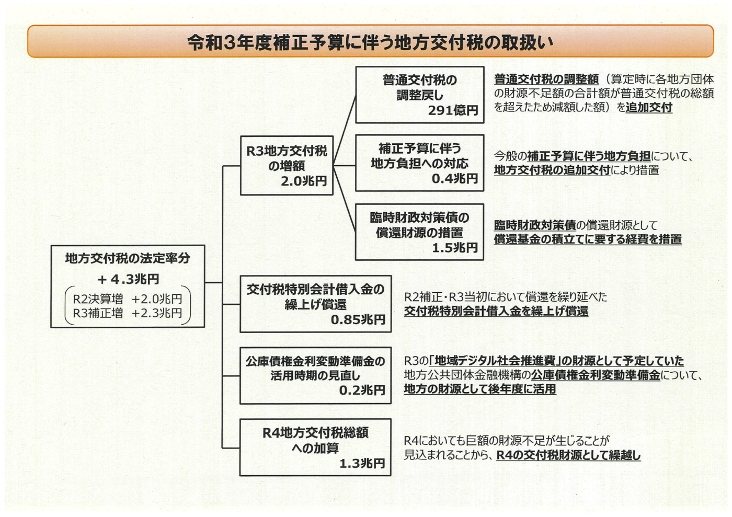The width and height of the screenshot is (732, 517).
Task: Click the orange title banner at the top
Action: coord(370,41)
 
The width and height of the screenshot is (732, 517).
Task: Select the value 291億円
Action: coord(453,110)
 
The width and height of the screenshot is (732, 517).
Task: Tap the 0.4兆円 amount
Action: coord(454,178)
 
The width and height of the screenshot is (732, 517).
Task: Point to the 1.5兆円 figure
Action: coord(454,248)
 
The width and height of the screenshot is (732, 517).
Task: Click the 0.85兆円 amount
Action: coord(358,319)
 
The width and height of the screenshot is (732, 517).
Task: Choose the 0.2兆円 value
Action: coord(362,390)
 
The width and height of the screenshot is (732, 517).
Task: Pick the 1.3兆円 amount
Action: coord(362,463)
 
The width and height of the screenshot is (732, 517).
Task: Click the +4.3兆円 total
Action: coord(128,279)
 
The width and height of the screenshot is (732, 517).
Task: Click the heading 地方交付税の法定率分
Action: coord(128,258)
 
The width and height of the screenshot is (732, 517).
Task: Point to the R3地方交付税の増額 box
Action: coord(287,166)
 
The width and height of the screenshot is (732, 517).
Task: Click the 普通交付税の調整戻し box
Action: coord(419,95)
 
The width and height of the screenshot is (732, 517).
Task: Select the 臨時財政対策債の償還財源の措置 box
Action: coord(419,232)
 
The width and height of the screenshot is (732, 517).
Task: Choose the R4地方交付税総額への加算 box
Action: coord(315,447)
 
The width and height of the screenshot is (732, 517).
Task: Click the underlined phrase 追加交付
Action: coord(649,107)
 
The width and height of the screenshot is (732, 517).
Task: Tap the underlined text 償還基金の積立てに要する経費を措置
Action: coord(588,239)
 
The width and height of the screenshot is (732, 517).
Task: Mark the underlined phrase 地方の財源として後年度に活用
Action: coord(480,389)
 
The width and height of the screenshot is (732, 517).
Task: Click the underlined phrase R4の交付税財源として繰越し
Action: coord(568,455)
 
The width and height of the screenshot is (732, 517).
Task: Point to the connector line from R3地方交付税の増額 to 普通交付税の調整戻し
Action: coord(345,130)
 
